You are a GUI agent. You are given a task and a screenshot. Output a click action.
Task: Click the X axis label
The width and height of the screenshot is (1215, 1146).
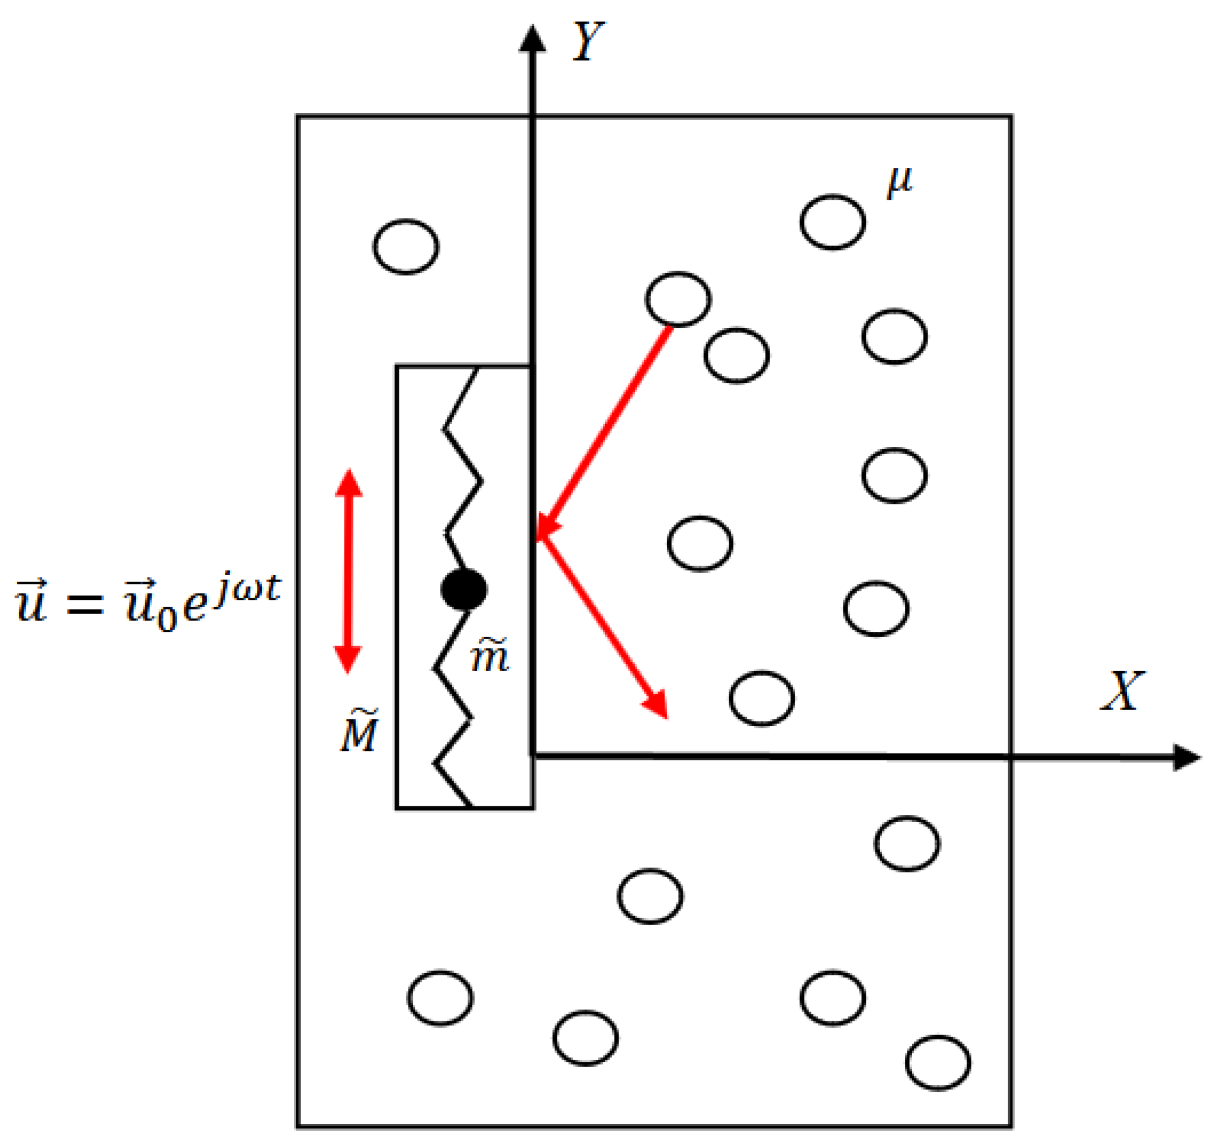pos(1122,692)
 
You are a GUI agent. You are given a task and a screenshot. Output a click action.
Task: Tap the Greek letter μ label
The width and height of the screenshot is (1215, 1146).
pos(899,181)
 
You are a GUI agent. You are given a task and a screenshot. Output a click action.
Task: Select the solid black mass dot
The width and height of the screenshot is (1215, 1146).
pos(464,590)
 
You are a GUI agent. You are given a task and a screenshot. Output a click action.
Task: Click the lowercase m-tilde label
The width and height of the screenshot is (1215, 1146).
pos(490,657)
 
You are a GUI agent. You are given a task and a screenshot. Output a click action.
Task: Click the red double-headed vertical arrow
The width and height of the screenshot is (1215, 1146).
pos(349,571)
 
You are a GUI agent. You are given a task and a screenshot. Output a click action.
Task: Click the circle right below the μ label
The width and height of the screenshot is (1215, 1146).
pos(833,222)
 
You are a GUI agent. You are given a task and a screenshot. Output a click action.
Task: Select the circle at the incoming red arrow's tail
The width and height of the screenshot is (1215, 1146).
pos(678,299)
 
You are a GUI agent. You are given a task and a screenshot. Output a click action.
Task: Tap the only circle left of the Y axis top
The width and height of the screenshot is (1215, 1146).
pos(406,247)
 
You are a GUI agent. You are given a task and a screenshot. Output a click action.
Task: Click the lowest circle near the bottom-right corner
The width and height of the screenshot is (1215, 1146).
pos(937,1063)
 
